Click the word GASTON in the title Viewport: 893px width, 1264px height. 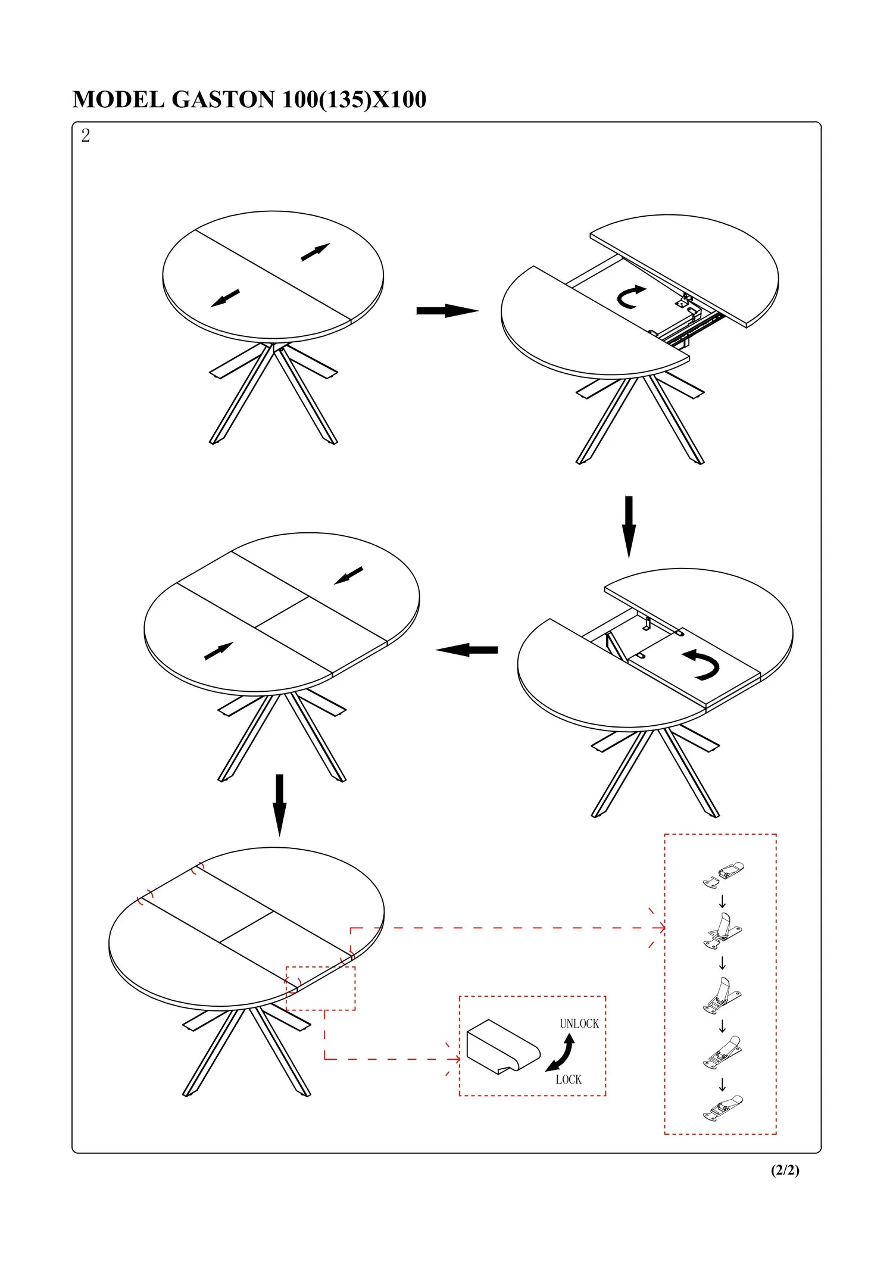click(x=223, y=100)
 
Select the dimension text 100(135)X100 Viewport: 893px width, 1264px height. click(x=354, y=100)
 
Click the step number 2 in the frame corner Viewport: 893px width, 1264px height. click(x=86, y=136)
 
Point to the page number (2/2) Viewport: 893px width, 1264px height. click(x=785, y=1170)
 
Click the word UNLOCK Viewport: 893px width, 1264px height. click(x=579, y=1023)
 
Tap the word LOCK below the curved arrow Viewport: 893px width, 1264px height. click(x=569, y=1079)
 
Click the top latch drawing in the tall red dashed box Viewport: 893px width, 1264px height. click(x=723, y=875)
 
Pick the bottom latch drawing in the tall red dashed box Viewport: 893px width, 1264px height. click(x=723, y=1108)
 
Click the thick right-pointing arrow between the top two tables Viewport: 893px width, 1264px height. click(x=448, y=311)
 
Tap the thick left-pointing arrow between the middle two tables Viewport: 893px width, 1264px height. click(x=467, y=650)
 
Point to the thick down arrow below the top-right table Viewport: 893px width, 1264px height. click(x=629, y=527)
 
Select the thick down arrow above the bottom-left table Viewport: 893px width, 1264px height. click(x=279, y=805)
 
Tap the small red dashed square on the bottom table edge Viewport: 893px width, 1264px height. click(x=320, y=988)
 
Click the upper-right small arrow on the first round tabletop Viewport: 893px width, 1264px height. click(x=316, y=252)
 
